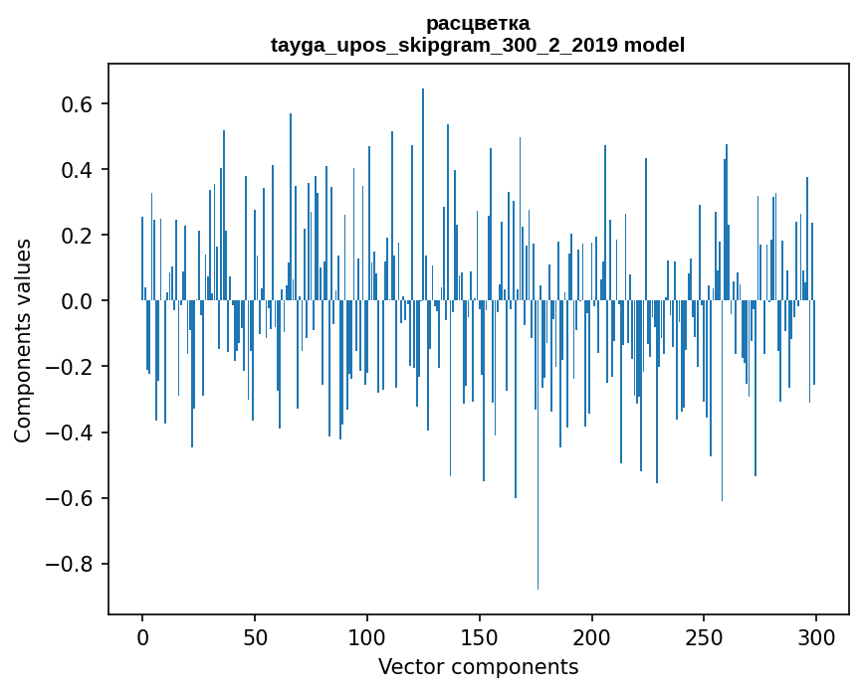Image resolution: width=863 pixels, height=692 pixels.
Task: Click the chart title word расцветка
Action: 478,23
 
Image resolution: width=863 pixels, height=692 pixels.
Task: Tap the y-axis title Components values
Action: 23,340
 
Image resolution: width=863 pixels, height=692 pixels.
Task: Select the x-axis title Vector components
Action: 478,667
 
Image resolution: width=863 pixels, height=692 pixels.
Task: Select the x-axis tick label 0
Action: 142,636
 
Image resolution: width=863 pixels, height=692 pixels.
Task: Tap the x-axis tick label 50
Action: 255,636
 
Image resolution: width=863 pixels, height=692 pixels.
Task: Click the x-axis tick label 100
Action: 367,636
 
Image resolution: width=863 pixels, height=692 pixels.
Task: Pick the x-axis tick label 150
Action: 479,636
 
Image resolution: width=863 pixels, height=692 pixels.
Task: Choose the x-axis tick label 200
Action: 591,636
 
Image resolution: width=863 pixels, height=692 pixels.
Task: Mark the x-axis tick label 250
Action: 704,636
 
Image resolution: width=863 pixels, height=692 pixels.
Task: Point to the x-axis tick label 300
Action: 816,636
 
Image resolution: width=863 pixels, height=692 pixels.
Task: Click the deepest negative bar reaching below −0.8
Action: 539,497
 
